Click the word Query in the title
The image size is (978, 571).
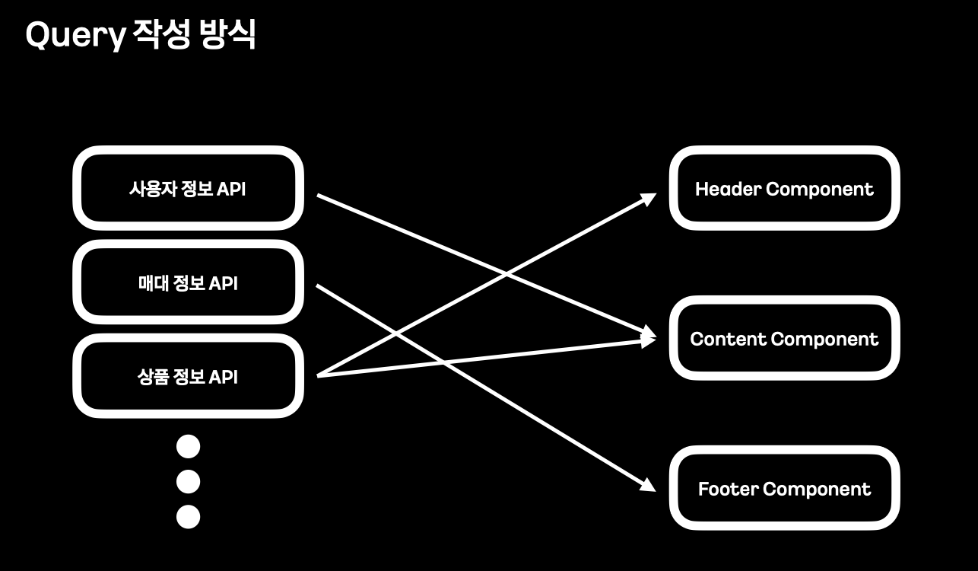click(75, 36)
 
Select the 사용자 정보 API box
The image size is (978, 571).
click(188, 188)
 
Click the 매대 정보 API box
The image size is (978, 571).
click(188, 282)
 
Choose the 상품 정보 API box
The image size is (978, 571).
click(188, 376)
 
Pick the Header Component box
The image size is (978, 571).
click(784, 188)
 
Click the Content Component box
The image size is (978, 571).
click(784, 339)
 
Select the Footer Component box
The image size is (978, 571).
click(784, 489)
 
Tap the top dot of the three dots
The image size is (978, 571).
click(188, 446)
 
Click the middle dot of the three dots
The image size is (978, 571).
click(188, 481)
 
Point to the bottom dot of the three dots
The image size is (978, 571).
click(188, 517)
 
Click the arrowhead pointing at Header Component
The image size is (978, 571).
click(649, 199)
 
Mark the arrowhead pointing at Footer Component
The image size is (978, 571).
click(648, 485)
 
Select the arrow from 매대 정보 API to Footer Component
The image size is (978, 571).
click(532, 416)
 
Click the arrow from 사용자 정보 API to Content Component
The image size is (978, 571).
click(426, 240)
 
